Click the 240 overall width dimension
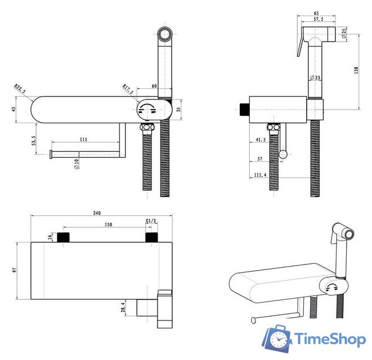pos(97,213)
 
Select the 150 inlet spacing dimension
pos(108,224)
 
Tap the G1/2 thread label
pos(151,221)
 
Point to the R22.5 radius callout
pos(20,88)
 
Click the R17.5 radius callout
pos(128,89)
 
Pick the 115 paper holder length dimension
pos(83,139)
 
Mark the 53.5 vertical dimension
pos(34,141)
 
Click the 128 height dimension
pos(356,70)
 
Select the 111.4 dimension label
pos(260,175)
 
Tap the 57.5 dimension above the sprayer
pos(319,19)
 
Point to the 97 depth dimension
pos(15,270)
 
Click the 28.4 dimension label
pos(123,307)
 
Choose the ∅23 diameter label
pos(315,77)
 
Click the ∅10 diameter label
pos(77,164)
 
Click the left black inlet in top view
pos(63,237)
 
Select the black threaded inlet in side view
pos(245,110)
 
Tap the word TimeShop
pos(330,339)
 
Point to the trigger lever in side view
pos(301,44)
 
